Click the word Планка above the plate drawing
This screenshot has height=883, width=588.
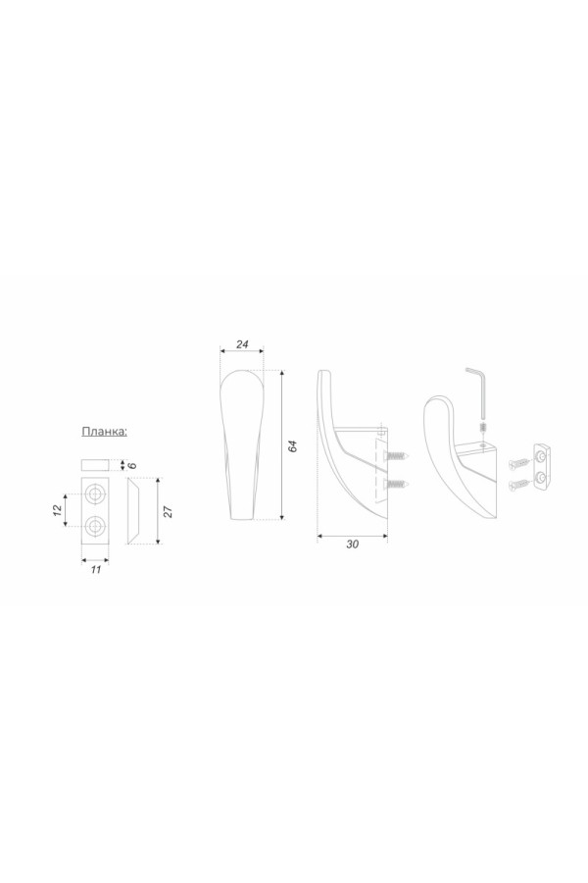click(x=105, y=432)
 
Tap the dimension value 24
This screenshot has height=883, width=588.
click(x=242, y=344)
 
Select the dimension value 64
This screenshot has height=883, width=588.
click(x=292, y=445)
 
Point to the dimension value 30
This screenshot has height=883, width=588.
click(x=352, y=544)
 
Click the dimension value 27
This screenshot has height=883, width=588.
click(x=168, y=511)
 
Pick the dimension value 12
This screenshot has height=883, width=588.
click(x=57, y=510)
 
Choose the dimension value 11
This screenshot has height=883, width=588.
click(x=96, y=569)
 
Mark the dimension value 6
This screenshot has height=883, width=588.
click(x=132, y=465)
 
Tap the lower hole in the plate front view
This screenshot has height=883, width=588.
click(x=95, y=526)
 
